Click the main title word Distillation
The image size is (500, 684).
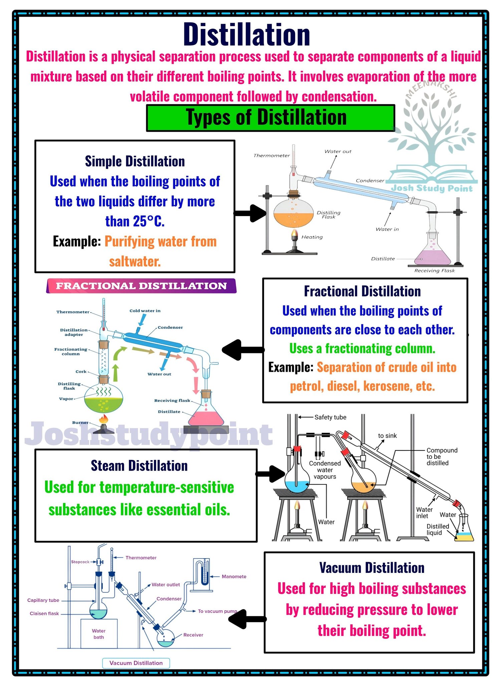[247, 35]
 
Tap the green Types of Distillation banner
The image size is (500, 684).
[270, 118]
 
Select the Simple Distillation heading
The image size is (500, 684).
[135, 161]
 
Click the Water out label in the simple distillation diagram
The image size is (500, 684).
[338, 151]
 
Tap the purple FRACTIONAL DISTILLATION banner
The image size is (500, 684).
[141, 286]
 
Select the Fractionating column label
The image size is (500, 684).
[71, 351]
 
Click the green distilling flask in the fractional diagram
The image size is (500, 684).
[103, 398]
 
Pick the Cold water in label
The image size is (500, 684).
[145, 311]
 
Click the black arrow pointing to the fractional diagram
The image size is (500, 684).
[243, 350]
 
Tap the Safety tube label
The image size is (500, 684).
[330, 417]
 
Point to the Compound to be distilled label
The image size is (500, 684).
[442, 457]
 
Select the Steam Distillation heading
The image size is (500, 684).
[139, 466]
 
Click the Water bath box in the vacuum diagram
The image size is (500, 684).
[99, 634]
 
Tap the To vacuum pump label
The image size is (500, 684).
[217, 611]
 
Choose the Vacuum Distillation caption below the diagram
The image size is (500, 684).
[136, 663]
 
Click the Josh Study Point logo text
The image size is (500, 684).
[432, 188]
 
